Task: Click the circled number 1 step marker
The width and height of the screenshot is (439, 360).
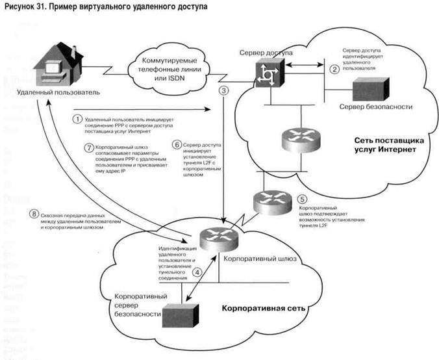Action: click(77, 120)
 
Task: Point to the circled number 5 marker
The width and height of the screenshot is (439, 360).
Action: click(300, 199)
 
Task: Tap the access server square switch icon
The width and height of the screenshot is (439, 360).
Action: click(266, 74)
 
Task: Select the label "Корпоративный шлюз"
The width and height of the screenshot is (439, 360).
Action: click(260, 259)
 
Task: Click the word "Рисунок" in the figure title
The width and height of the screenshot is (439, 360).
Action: click(22, 9)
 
